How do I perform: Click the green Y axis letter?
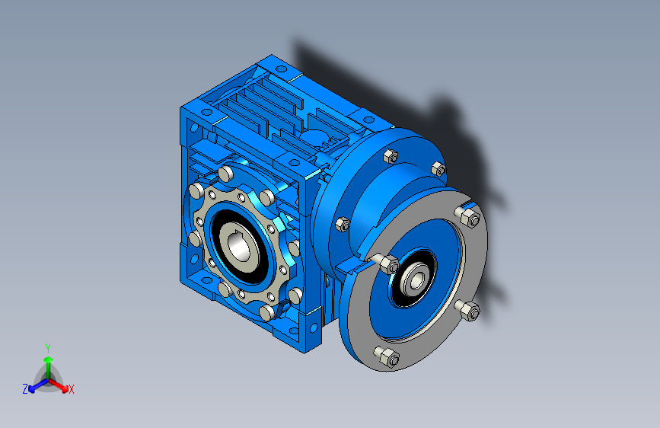pos(48,349)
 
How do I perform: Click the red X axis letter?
pos(71,389)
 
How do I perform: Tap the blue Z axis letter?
pos(25,389)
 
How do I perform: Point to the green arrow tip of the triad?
pos(49,359)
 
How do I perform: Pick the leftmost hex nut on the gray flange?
pos(389,264)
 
